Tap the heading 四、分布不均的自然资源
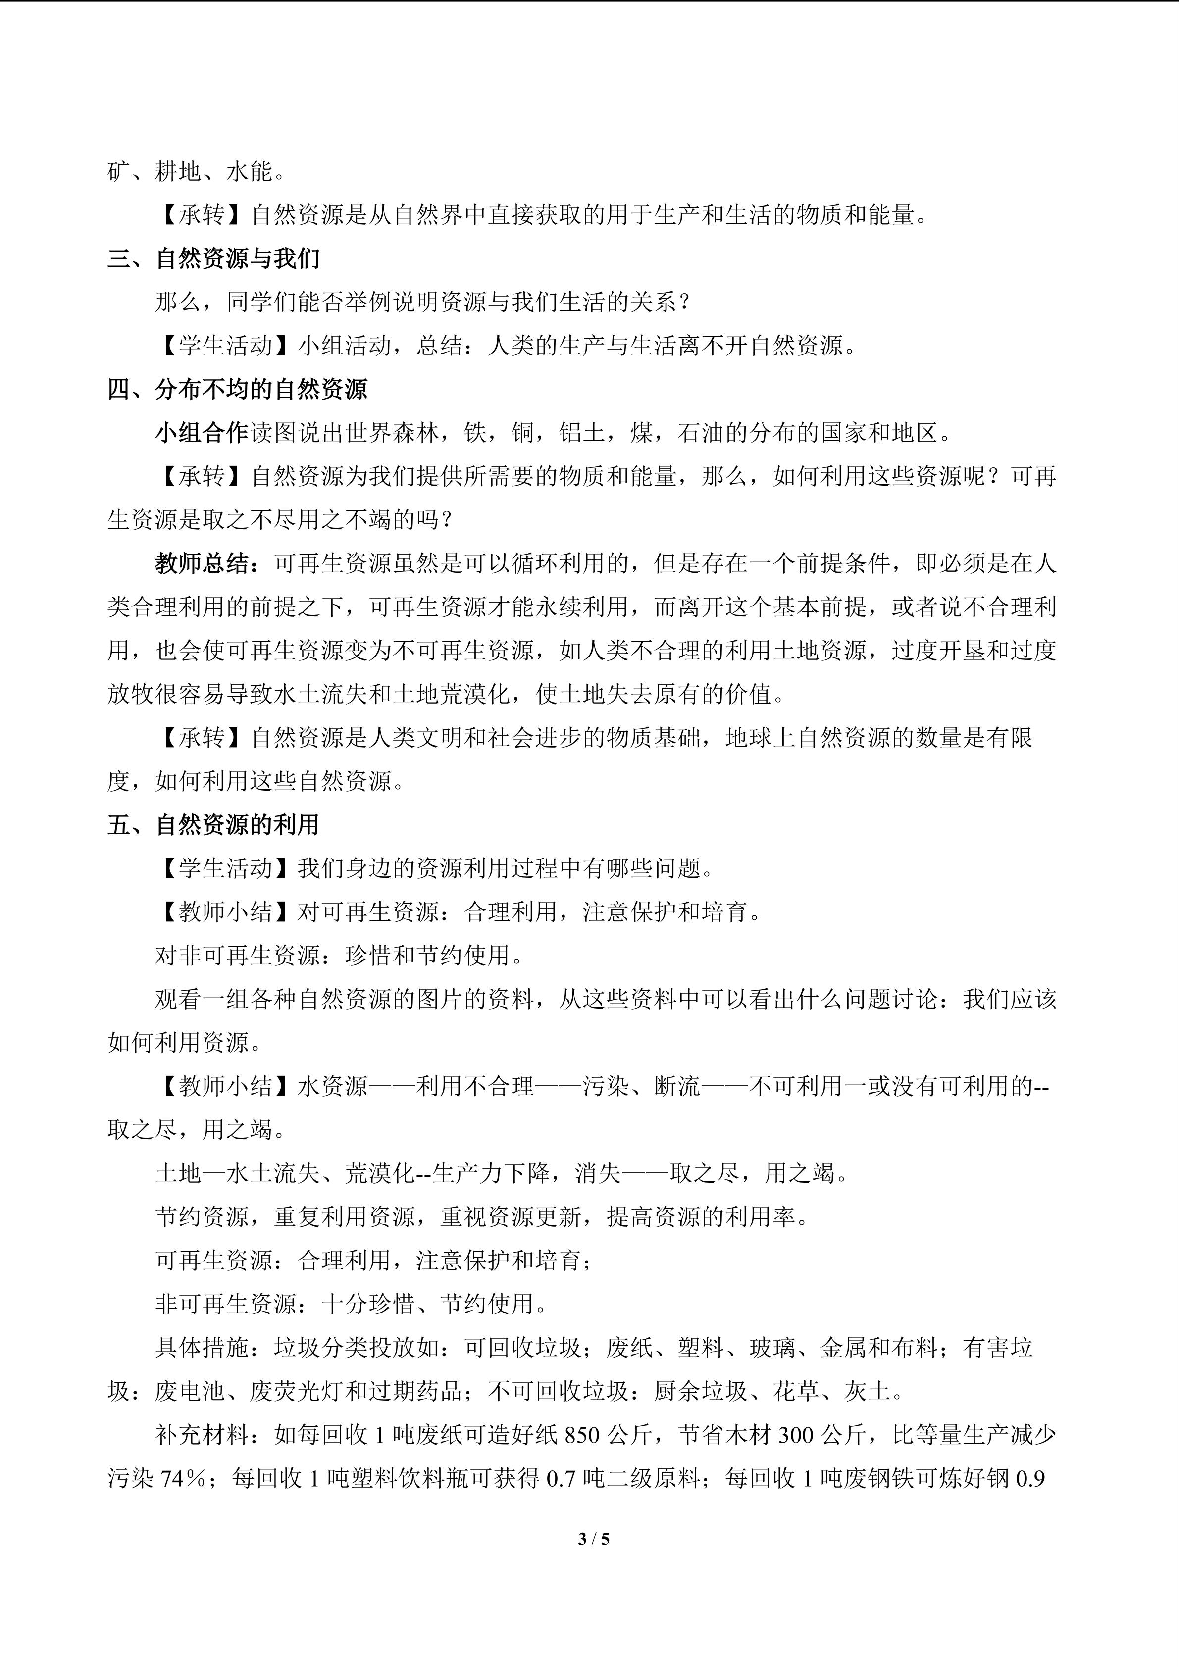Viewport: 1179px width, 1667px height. [x=237, y=389]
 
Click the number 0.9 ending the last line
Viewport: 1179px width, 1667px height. [x=1030, y=1478]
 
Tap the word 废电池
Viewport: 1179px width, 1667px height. [x=190, y=1391]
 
